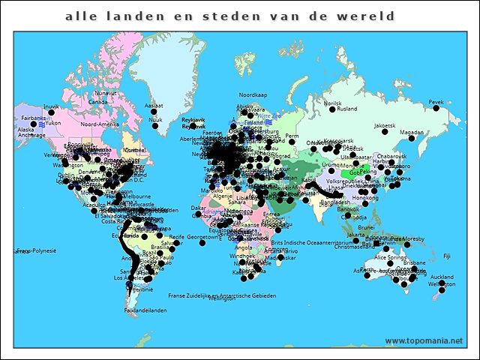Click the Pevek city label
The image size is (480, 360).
[x=436, y=102]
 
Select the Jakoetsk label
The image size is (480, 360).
[x=385, y=125]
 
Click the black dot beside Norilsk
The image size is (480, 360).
[x=331, y=109]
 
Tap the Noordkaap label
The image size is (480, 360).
[x=253, y=95]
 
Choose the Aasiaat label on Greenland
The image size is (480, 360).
[x=154, y=106]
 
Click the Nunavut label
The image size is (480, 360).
[x=106, y=93]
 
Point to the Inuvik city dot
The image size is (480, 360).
[x=52, y=113]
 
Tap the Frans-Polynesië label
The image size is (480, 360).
[x=37, y=250]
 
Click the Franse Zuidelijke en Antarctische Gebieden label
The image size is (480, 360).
[x=222, y=295]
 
